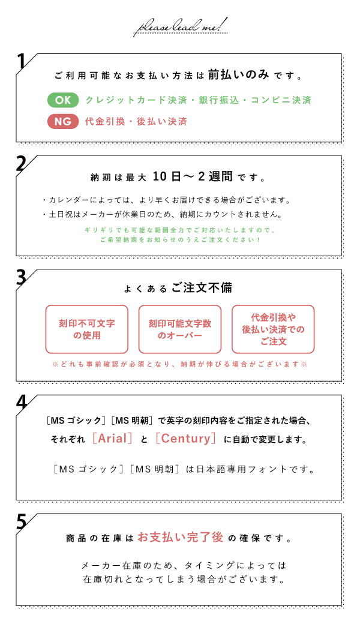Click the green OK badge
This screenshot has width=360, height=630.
pos(63,100)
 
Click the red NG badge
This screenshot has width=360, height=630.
pos(63,121)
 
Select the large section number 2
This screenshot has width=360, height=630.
pos(21,164)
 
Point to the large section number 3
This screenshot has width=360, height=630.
pos(21,278)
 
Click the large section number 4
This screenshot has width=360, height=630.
pos(21,403)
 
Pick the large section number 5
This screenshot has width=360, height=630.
pos(21,521)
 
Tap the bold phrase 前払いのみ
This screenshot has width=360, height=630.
pos(238,75)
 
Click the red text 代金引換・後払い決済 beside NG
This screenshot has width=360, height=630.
pos(136,121)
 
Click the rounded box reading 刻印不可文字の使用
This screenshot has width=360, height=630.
pos(87,329)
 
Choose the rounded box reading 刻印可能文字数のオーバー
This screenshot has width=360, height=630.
pos(180,329)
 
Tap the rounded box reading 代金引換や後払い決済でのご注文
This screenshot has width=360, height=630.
pos(273,329)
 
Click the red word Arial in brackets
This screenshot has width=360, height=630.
pos(113,439)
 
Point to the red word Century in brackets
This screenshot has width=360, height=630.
pos(185,439)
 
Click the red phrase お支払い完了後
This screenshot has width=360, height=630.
pos(181,537)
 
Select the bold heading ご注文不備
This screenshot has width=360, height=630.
pos(202,287)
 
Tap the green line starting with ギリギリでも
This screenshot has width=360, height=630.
pos(180,230)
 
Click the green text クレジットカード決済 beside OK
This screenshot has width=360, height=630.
pos(136,100)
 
